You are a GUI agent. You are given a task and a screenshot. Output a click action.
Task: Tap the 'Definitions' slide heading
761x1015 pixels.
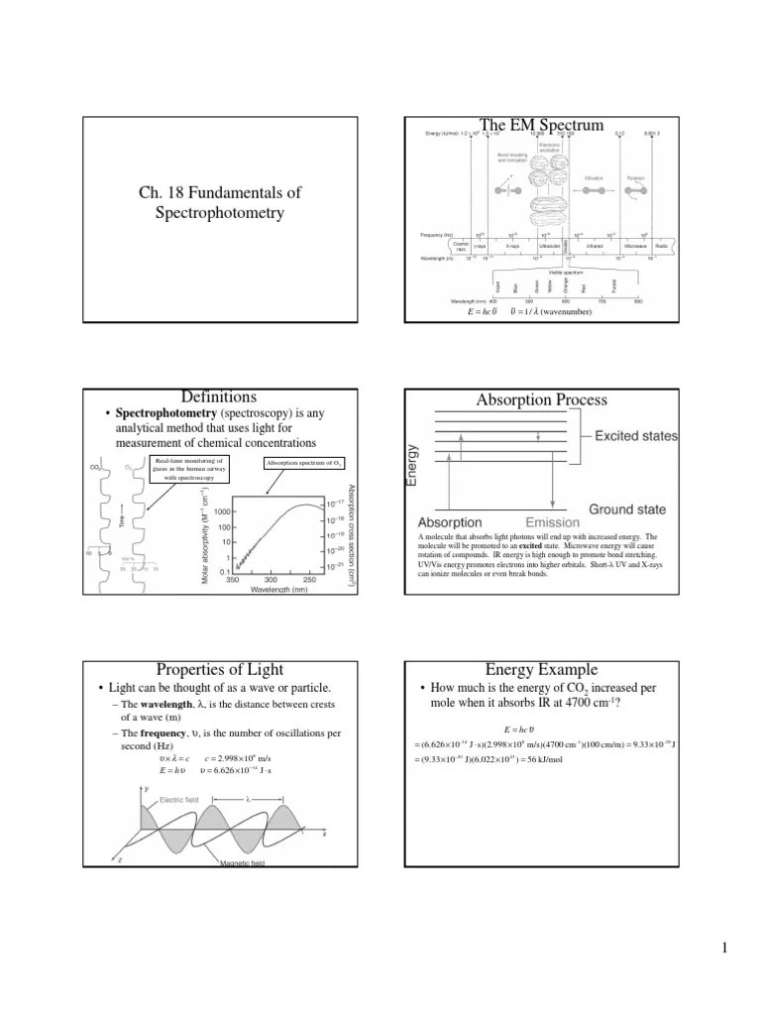pyautogui.click(x=220, y=397)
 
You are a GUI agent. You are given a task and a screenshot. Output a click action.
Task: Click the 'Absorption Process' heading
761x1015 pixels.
pyautogui.click(x=542, y=399)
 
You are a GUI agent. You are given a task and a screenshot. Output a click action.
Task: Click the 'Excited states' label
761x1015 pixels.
pyautogui.click(x=636, y=435)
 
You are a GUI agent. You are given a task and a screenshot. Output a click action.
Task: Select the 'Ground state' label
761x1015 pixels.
pyautogui.click(x=627, y=509)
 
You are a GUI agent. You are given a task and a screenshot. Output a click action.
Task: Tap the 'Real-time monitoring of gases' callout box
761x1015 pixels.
pyautogui.click(x=190, y=469)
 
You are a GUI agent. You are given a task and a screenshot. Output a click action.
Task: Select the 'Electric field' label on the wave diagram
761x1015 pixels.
pyautogui.click(x=179, y=798)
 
